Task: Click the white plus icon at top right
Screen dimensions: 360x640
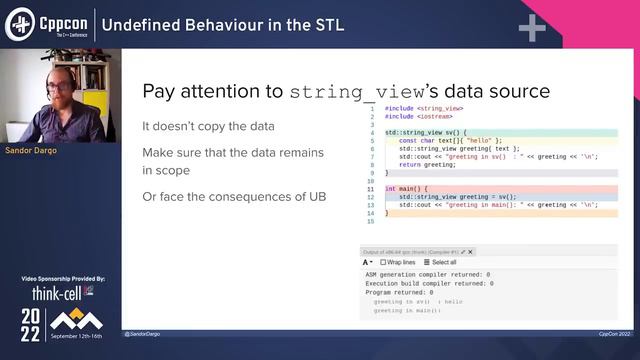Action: pyautogui.click(x=531, y=27)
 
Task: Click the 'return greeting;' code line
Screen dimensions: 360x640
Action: pyautogui.click(x=427, y=164)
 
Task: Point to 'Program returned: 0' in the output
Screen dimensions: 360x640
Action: pyautogui.click(x=399, y=292)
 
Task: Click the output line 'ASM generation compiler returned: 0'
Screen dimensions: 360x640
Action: pyautogui.click(x=427, y=273)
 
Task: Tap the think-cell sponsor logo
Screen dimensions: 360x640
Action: pyautogui.click(x=57, y=293)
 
